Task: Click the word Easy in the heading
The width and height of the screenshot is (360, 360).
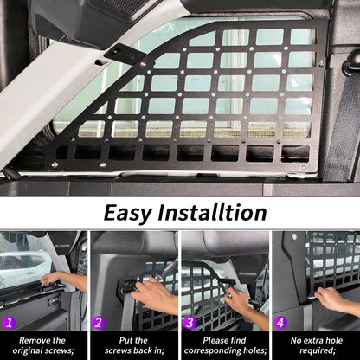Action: point(127,214)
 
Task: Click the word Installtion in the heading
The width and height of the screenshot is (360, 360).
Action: point(212,213)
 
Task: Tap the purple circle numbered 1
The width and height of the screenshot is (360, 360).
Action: point(10,323)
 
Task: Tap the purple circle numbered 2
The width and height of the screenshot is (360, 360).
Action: point(99,323)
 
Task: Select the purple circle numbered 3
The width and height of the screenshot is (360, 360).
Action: point(190,323)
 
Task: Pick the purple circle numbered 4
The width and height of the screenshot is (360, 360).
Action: point(280,323)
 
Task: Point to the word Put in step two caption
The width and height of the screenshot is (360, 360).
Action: point(125,340)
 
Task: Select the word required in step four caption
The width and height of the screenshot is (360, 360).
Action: point(318,350)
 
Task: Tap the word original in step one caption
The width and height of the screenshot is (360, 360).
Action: point(28,350)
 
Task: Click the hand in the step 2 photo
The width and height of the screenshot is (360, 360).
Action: point(153,294)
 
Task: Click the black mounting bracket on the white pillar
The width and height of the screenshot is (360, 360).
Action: point(121,54)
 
